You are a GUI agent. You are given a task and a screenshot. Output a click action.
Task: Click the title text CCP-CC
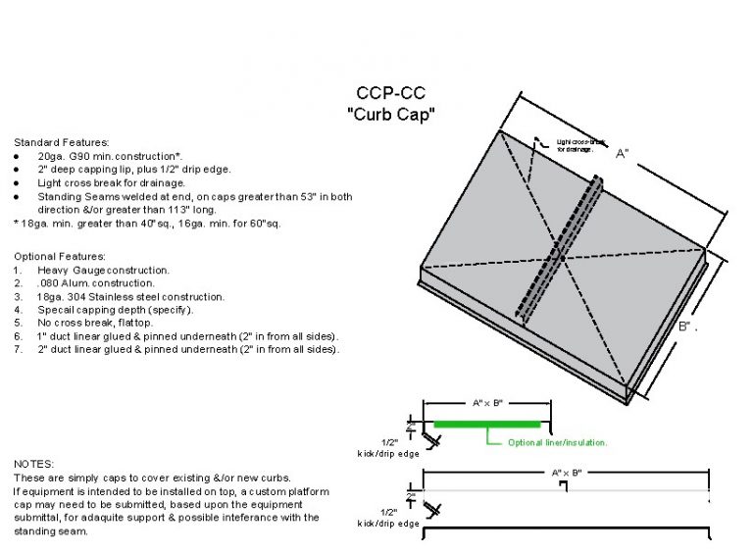tap(390, 95)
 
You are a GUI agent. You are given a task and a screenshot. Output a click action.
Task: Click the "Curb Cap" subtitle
tap(390, 114)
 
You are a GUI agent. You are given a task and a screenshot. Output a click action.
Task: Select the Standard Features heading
tap(61, 142)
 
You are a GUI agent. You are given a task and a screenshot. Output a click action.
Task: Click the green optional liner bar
tap(487, 424)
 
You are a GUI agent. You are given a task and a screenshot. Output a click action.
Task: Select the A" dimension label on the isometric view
tap(622, 154)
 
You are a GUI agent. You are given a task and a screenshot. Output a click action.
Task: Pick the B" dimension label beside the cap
tap(685, 326)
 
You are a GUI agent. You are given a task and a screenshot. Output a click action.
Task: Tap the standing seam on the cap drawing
tap(560, 251)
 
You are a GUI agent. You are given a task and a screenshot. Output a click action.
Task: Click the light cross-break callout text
tap(576, 145)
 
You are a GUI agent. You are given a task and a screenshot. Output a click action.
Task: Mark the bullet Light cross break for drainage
tap(111, 182)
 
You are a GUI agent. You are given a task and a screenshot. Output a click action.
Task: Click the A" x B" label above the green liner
tap(487, 403)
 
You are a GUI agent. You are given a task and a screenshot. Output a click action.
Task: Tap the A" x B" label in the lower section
tap(567, 473)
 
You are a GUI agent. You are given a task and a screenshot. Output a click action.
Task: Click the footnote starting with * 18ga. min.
tap(147, 223)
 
